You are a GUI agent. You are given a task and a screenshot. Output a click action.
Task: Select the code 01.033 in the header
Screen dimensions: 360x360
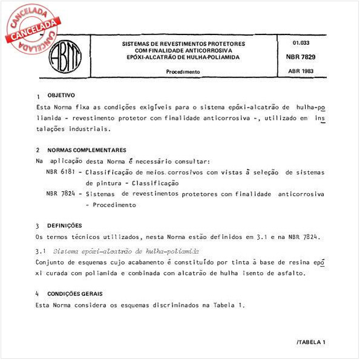tap(301, 43)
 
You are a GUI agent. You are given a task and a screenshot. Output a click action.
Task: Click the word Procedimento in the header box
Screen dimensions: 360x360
tap(183, 71)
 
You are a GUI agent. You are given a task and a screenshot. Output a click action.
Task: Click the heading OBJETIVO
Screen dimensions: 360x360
tap(61, 96)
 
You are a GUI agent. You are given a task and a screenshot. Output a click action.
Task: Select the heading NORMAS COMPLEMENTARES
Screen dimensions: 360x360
tap(87, 149)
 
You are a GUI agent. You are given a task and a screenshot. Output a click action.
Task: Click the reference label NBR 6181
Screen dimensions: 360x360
tap(60, 172)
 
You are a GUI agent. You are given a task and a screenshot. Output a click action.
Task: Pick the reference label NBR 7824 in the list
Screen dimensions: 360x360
tap(60, 194)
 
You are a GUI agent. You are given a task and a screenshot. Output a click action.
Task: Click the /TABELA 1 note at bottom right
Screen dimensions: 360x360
tap(311, 342)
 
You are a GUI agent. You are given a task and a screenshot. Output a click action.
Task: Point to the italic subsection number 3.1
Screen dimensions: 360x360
tap(41, 250)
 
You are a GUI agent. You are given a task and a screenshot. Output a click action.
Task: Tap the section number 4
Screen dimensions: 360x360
tap(38, 294)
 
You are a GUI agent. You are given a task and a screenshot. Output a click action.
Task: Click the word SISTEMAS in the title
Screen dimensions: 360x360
tap(137, 44)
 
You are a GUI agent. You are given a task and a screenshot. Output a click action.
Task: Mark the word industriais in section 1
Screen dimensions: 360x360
tap(91, 128)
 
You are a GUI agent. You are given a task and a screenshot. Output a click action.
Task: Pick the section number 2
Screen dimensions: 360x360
tap(38, 150)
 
